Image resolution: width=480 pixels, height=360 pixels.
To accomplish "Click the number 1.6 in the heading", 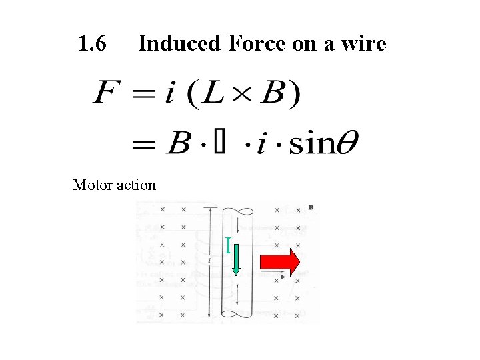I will click(92, 44).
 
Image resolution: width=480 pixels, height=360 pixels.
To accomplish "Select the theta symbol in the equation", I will click(347, 143).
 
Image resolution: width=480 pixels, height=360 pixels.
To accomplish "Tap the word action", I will click(137, 185).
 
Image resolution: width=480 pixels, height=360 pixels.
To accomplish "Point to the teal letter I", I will click(228, 247).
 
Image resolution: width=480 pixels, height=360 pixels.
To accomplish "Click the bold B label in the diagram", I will click(311, 207).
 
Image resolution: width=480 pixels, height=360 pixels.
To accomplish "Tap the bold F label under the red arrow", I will click(283, 277).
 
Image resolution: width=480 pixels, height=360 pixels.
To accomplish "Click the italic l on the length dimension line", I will click(210, 261).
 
